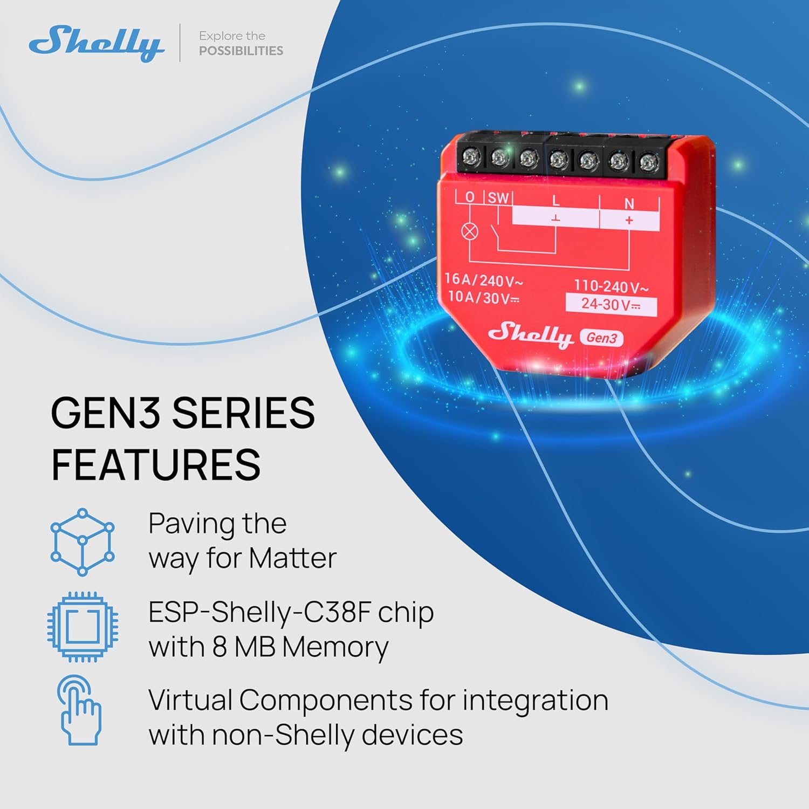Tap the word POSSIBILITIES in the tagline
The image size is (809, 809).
241,51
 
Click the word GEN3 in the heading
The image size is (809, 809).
106,413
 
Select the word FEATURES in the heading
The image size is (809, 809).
156,465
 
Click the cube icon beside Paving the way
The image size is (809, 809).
83,541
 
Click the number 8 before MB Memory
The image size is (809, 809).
220,647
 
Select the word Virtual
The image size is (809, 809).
190,700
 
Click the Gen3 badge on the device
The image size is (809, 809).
601,338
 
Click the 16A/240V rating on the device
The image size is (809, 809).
483,279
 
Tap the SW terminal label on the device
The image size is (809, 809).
498,198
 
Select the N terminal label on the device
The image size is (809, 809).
629,203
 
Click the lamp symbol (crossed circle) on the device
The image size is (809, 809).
470,232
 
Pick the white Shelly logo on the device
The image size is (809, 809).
530,334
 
